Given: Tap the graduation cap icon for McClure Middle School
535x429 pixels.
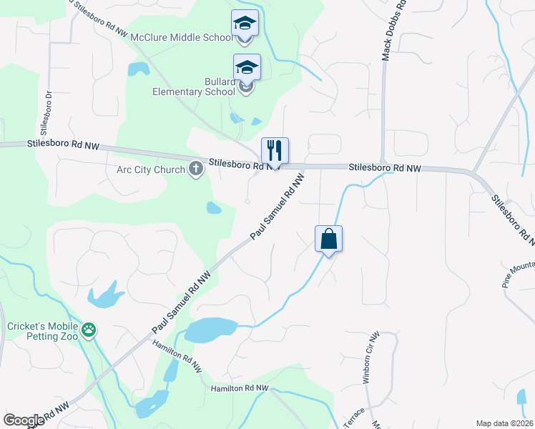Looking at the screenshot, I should point(244,24).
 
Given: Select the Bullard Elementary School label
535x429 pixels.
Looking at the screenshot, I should point(193,87).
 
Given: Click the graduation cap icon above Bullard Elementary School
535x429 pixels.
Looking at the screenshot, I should point(247,67).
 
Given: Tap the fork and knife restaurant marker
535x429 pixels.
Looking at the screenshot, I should point(275,151).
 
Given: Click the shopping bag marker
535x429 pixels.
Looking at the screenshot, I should point(328,239).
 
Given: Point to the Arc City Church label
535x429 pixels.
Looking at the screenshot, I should point(151,169).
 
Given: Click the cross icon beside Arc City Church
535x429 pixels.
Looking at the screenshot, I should point(195,169).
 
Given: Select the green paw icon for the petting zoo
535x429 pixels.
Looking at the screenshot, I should point(89,330).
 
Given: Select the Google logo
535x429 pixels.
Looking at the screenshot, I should point(24,420).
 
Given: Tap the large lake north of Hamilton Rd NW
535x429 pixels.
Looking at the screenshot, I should point(211,329).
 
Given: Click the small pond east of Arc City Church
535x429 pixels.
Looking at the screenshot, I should point(214,208).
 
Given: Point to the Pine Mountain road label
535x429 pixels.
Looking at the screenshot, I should point(519,276).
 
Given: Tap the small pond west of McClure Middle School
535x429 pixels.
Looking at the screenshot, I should point(138,69).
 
